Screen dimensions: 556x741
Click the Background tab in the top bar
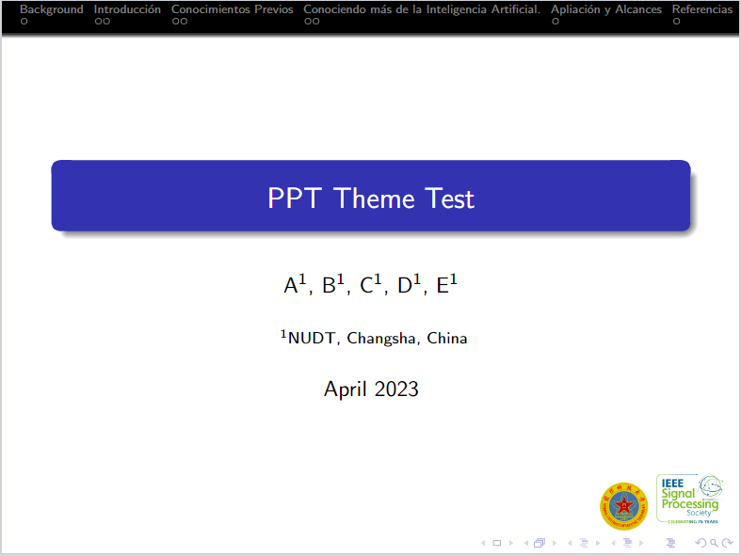point(51,9)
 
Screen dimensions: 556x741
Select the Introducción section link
point(127,9)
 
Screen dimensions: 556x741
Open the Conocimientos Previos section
point(232,9)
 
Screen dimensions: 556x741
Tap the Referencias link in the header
point(701,9)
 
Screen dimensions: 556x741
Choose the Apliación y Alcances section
point(606,9)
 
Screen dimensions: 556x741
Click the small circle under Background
point(24,21)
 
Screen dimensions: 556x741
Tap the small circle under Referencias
point(676,21)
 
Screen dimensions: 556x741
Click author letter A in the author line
point(291,286)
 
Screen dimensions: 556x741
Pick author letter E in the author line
point(443,286)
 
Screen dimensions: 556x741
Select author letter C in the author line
point(367,286)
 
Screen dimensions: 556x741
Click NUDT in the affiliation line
point(311,339)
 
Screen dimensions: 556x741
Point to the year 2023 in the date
point(395,389)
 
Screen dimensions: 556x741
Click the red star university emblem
point(623,506)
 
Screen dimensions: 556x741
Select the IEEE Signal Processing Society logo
point(690,499)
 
